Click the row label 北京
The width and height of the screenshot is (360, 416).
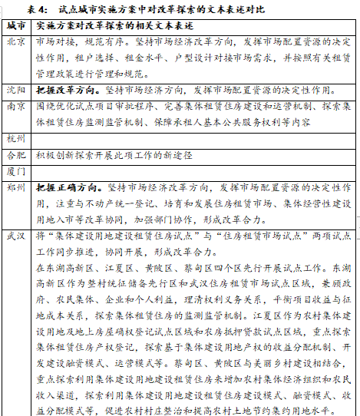(x=16, y=42)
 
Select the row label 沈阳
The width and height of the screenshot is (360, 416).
(x=16, y=90)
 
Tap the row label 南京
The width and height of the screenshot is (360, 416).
(x=16, y=105)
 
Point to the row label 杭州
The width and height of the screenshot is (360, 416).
(x=16, y=138)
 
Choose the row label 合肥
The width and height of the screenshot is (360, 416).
(x=16, y=154)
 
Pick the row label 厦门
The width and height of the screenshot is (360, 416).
(x=16, y=170)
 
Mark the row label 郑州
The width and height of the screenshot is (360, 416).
(x=16, y=187)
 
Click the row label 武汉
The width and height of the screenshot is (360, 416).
(x=16, y=235)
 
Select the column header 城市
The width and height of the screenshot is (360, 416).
(x=16, y=26)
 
